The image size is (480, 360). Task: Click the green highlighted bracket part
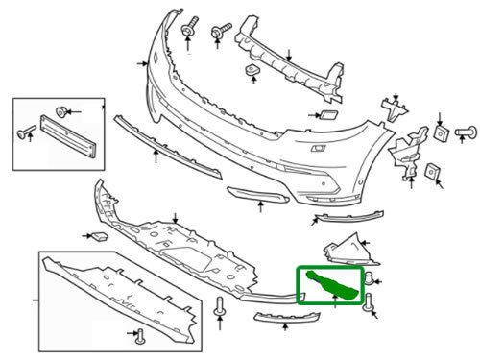tap(331, 285)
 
